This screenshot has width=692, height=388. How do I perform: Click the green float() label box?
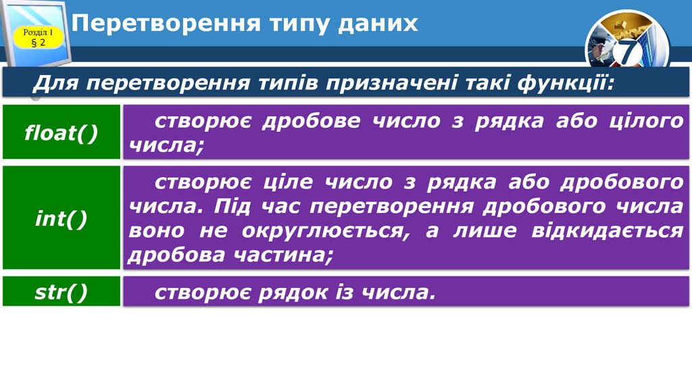tap(61, 132)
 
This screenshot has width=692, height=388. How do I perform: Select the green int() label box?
tap(61, 218)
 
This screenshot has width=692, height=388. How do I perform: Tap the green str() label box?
tap(61, 292)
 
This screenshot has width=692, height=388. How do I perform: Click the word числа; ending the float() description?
tap(165, 144)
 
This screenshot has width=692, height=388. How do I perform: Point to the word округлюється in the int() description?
tap(305, 230)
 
